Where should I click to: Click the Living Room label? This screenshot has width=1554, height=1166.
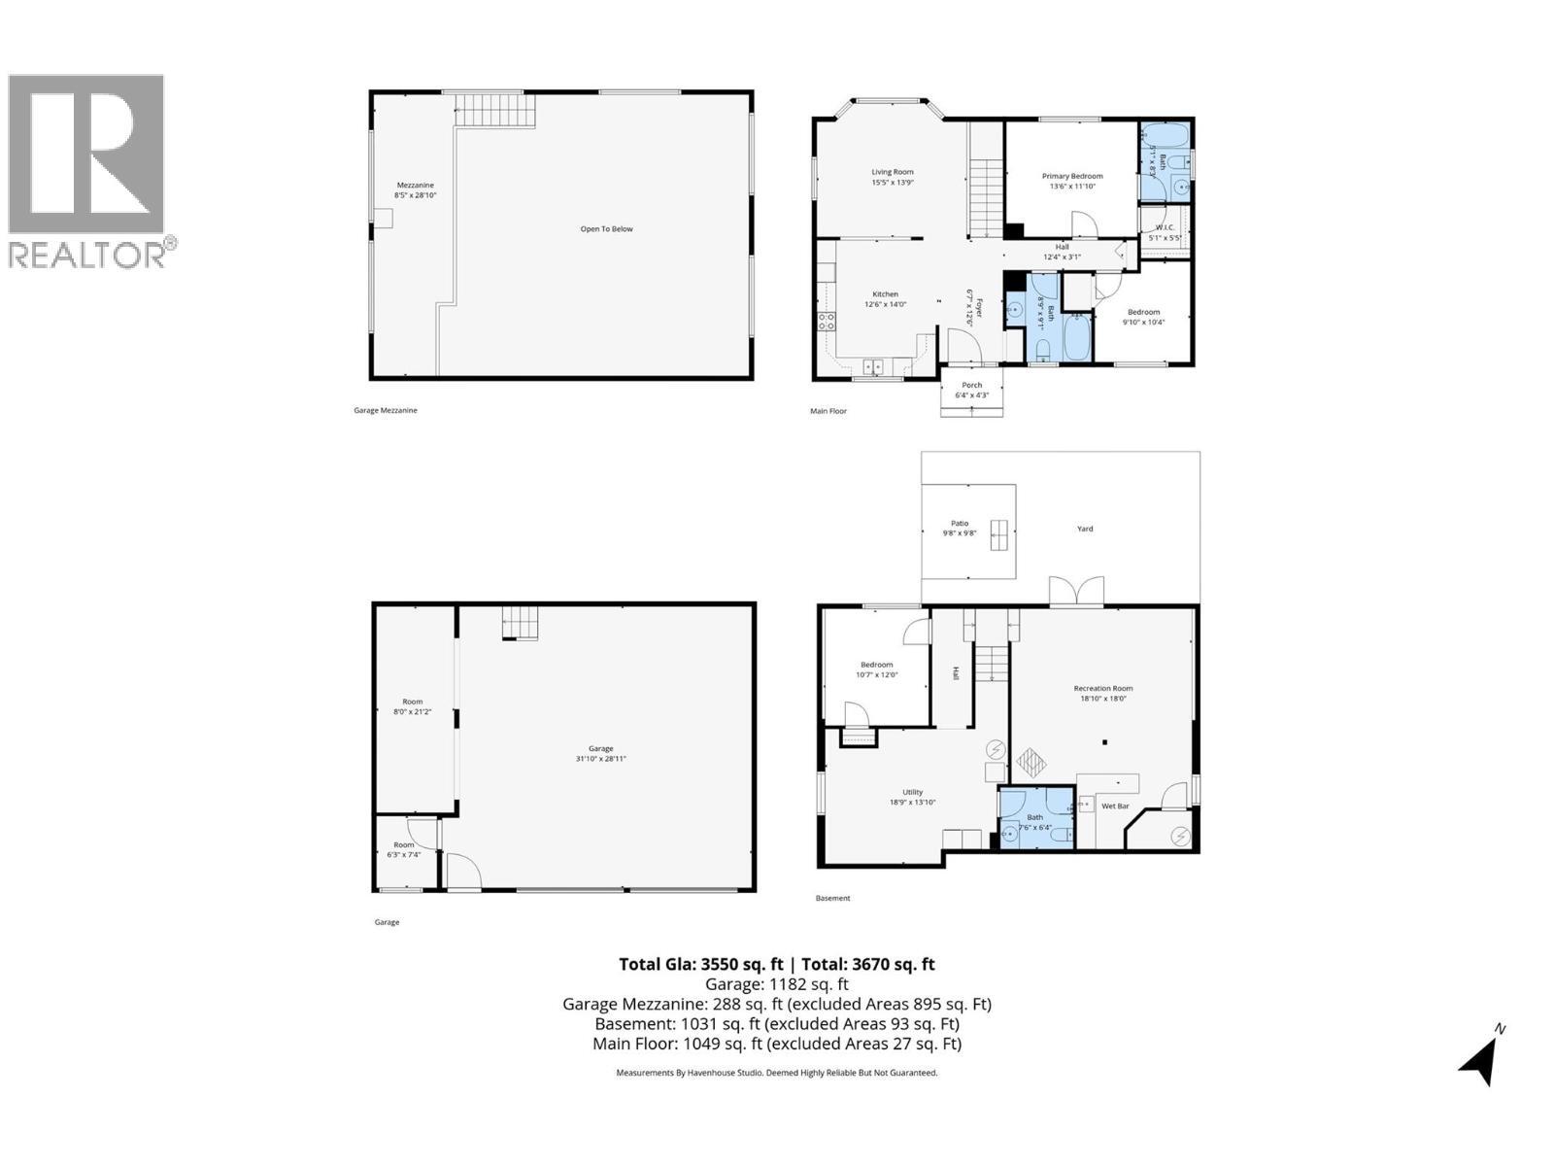(x=892, y=172)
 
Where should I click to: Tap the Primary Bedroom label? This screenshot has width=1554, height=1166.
(x=1072, y=176)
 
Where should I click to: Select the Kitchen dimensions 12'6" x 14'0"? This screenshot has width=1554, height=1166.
(x=885, y=304)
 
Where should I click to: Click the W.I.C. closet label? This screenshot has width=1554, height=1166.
(x=1165, y=227)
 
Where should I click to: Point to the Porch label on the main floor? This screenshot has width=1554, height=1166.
(x=971, y=385)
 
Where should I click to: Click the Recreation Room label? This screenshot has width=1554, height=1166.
(x=1102, y=688)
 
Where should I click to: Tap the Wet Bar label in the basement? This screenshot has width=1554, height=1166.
(x=1115, y=806)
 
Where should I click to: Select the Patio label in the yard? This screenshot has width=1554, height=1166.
(x=960, y=523)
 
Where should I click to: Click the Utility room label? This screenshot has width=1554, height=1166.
(x=912, y=792)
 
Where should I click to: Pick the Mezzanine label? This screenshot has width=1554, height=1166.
(x=415, y=185)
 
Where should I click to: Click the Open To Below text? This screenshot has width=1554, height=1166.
(x=606, y=229)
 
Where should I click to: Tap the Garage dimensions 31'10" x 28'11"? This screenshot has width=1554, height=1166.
(x=601, y=759)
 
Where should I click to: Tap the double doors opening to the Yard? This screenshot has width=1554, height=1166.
(x=1076, y=592)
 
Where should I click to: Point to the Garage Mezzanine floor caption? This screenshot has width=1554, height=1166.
(x=385, y=410)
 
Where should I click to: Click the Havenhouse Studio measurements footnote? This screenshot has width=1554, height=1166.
(x=776, y=1073)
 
